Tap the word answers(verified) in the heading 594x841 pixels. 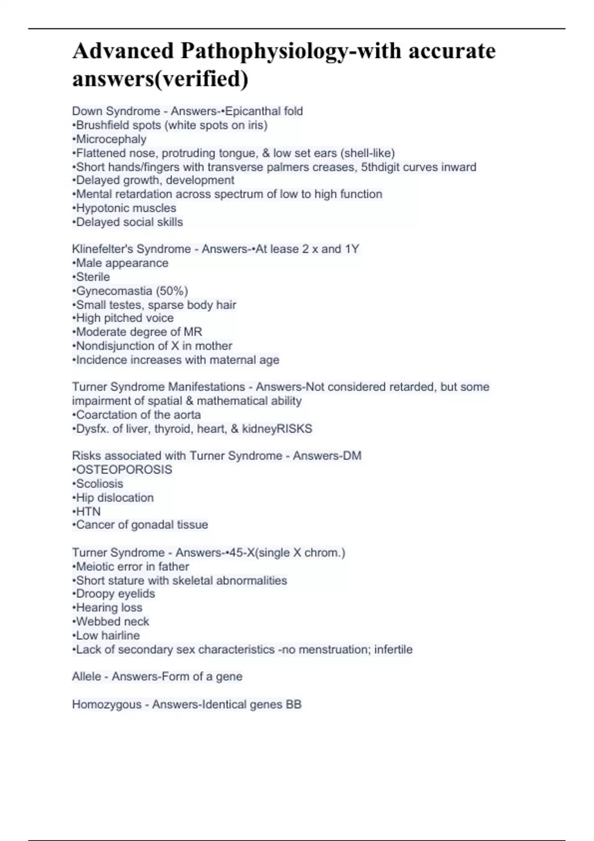160,79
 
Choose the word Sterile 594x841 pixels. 93,277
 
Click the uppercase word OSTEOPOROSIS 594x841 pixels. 124,469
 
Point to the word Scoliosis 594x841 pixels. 99,483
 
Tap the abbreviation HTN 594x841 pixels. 88,511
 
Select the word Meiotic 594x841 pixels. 94,566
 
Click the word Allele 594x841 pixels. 87,676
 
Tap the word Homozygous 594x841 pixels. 106,704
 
